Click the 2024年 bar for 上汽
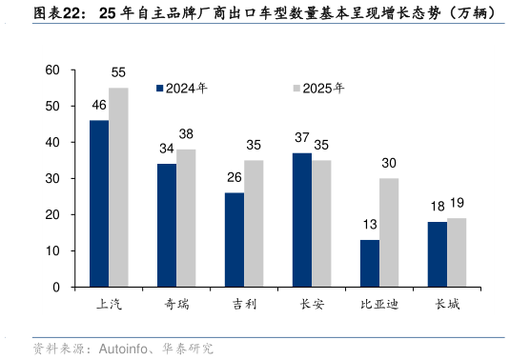(99, 203)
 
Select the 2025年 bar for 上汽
(118, 187)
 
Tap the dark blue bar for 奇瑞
(167, 225)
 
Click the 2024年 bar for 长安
(301, 219)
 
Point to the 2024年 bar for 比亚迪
(369, 263)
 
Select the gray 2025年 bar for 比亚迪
(389, 232)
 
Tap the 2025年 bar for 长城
(457, 252)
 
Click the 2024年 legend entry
(182, 88)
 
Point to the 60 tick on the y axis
(53, 70)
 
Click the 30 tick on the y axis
(53, 178)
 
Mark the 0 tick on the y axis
(57, 287)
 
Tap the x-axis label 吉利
(244, 305)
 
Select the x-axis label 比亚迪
(379, 305)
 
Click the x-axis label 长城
(447, 305)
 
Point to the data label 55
(118, 72)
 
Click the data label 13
(368, 225)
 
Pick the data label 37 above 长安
(301, 137)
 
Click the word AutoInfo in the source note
(121, 348)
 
